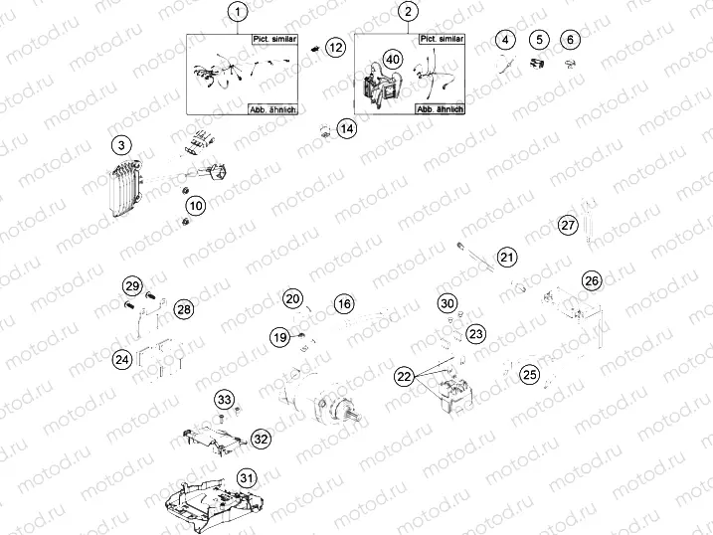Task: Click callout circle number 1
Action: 237,13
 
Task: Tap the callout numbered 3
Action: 119,146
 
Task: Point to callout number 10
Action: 196,206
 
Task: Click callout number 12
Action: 336,47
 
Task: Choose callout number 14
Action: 345,128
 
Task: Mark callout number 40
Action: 394,60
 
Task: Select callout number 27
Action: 567,225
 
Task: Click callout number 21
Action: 507,258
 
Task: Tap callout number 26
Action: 592,280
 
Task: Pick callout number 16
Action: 343,303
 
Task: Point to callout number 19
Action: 280,338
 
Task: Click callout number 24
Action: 121,359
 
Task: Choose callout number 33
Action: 225,400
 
